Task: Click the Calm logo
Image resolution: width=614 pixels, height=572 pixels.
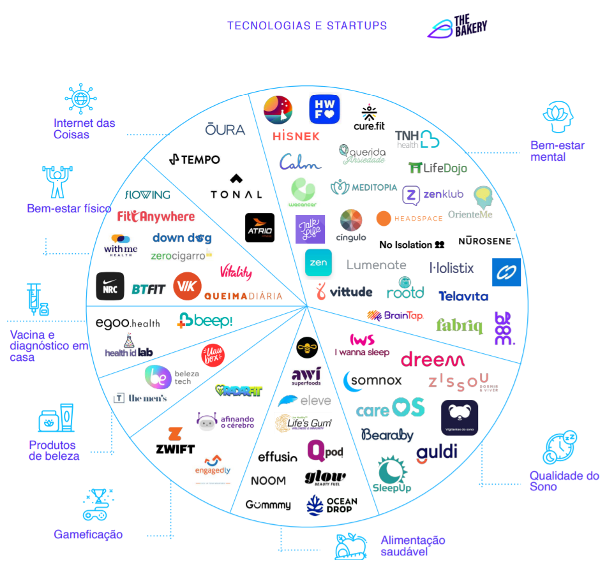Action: (x=299, y=162)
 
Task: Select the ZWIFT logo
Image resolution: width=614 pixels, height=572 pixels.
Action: (x=175, y=441)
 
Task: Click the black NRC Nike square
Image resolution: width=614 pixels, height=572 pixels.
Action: (x=110, y=286)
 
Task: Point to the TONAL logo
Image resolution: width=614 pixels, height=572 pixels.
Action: (x=236, y=187)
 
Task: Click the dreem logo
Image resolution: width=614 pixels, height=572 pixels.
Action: (x=432, y=360)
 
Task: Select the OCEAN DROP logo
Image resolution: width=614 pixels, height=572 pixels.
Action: (x=331, y=504)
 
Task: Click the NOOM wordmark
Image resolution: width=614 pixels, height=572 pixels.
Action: (x=268, y=480)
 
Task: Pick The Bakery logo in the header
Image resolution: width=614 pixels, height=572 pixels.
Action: (x=458, y=27)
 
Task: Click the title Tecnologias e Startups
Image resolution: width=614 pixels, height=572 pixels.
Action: (x=307, y=26)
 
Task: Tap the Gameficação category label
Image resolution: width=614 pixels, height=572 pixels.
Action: (x=88, y=534)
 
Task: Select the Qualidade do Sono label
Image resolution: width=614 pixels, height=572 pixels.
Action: (x=564, y=481)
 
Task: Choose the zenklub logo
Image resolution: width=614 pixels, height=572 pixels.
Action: (x=433, y=194)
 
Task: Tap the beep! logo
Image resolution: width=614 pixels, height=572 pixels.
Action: (x=205, y=320)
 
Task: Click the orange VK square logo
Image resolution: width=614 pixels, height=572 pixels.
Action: (x=188, y=286)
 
